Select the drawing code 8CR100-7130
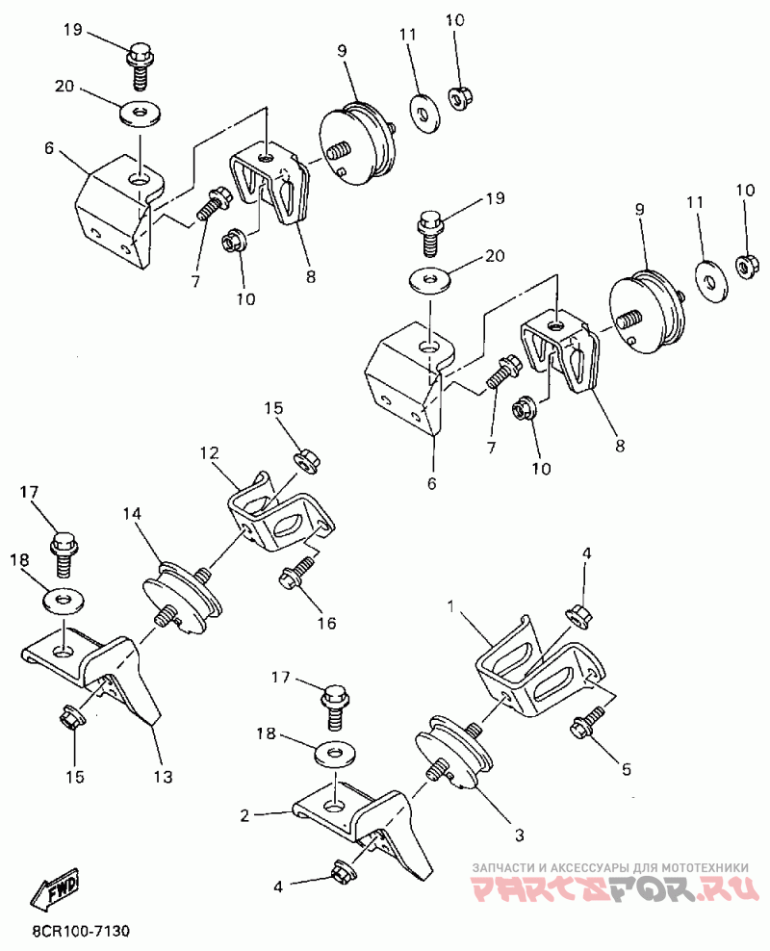(81, 931)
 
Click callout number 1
(450, 605)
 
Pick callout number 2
(244, 815)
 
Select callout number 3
(519, 835)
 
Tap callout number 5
(627, 769)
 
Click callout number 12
(210, 452)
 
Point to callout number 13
(163, 777)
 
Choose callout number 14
(132, 514)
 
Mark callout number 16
(327, 623)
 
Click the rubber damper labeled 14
(180, 596)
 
